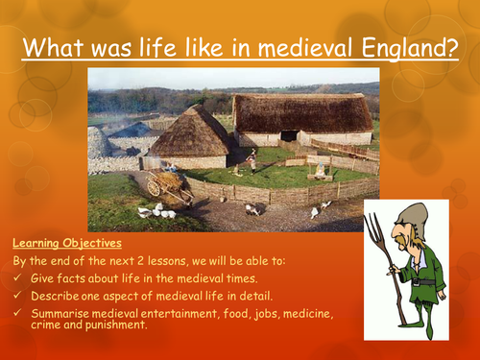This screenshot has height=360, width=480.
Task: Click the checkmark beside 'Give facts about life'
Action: coord(18,276)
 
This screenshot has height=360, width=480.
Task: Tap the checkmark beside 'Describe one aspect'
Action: coord(18,293)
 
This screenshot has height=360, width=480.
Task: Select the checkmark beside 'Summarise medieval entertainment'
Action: coord(18,310)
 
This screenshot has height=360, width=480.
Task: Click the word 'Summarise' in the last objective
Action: coord(60,310)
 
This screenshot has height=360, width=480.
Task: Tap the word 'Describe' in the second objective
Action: coord(57,293)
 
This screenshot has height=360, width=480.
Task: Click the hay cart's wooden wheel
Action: coord(154,188)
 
